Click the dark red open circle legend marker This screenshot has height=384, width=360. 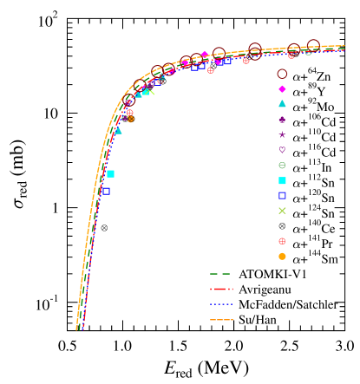[282, 74]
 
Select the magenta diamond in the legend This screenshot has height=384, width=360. [282, 89]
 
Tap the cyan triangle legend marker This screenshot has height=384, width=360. [282, 104]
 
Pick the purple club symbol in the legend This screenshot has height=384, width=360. [282, 120]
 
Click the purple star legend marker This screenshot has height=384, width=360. [282, 134]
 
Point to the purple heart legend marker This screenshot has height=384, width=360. [282, 150]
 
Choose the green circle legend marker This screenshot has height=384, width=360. [282, 166]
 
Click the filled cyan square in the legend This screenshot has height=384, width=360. [282, 180]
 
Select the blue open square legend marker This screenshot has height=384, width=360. [282, 196]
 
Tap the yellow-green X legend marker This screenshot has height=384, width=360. [282, 211]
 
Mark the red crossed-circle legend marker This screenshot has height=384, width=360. [282, 241]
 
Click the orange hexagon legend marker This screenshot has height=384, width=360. [282, 257]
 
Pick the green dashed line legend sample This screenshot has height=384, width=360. [220, 274]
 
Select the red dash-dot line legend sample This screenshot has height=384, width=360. [220, 290]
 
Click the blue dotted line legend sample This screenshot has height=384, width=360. [220, 304]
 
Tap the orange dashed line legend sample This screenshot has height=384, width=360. [220, 320]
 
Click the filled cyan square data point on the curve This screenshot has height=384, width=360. [110, 174]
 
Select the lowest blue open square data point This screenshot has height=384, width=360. [106, 191]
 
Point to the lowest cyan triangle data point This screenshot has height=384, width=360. [118, 131]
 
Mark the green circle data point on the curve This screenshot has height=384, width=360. [308, 52]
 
